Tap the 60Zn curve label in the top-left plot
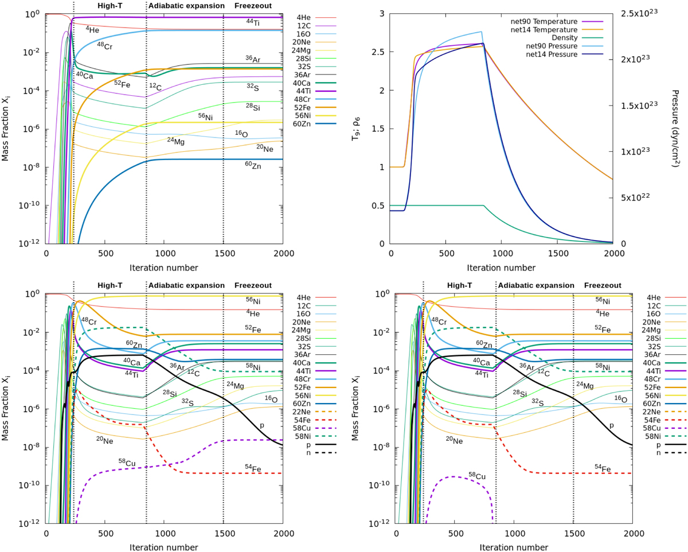[x=253, y=165]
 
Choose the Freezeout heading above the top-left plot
[x=253, y=6]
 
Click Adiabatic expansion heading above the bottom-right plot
[x=535, y=285]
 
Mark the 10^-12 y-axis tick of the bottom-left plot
[x=30, y=523]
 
